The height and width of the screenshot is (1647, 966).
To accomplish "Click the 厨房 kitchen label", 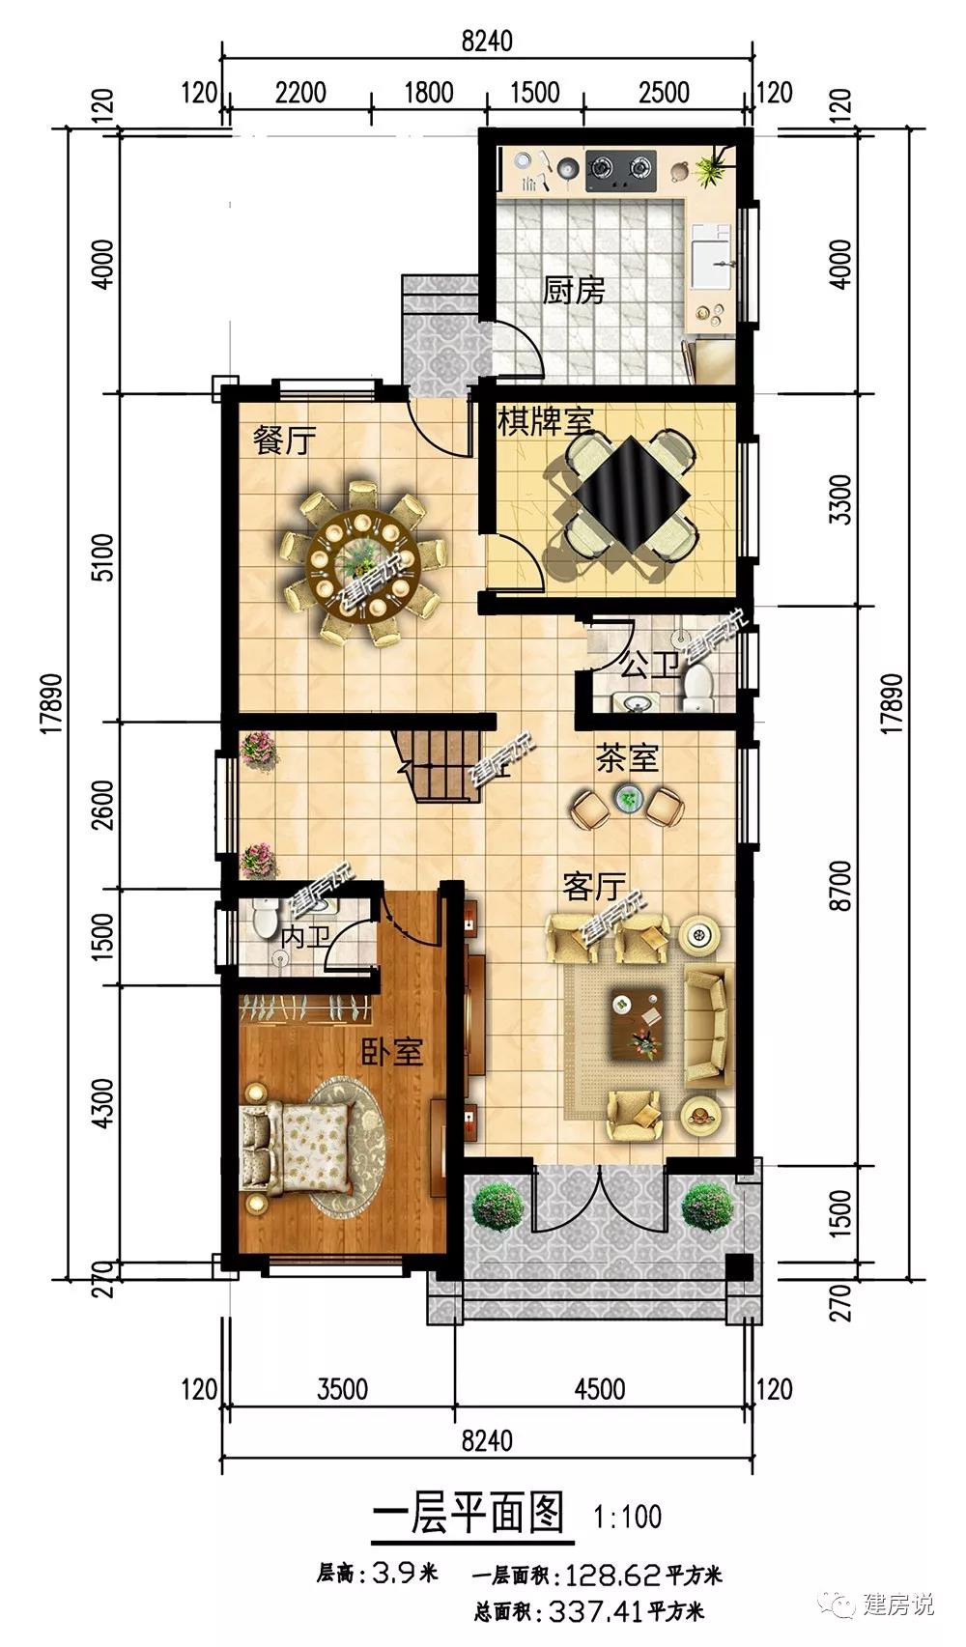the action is click(574, 291).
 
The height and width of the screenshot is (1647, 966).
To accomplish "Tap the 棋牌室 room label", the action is click(546, 421).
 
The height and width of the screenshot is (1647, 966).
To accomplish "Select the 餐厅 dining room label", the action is click(285, 440).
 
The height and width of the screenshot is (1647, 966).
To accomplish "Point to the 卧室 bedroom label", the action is click(392, 1051).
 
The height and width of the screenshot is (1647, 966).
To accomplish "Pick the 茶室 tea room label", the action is click(627, 758).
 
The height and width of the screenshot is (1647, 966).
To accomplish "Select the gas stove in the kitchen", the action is click(620, 170).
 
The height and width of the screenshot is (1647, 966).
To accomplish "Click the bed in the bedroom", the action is click(298, 1147).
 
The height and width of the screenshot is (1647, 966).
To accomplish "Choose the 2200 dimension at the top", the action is click(300, 93).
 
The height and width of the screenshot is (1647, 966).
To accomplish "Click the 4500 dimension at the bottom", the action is click(600, 1390).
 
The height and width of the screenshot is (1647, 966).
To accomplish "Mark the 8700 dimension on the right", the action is click(840, 886).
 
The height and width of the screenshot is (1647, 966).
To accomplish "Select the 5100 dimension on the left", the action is click(104, 557).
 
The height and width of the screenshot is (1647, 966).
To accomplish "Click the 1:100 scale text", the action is click(628, 1517).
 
